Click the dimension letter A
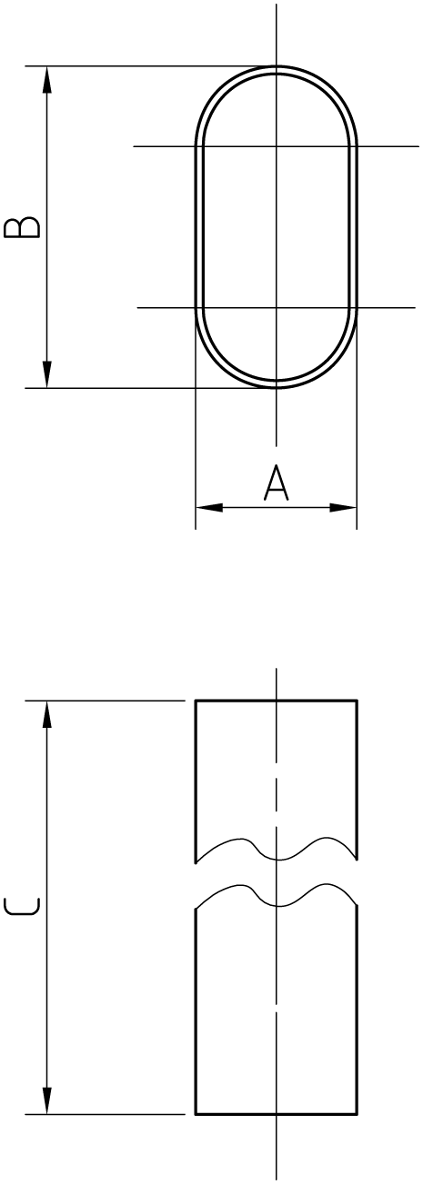pos(276,483)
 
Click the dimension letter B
pos(22,227)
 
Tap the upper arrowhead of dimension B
pos(47,80)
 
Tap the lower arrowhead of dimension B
pos(47,373)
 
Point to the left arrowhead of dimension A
pos(209,507)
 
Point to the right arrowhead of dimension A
pos(343,507)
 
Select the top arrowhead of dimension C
pos(47,714)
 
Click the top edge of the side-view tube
pos(277,701)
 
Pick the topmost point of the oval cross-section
pos(277,66)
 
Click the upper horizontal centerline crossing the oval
pos(276,146)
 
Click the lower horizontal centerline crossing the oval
pos(276,308)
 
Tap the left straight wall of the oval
pos(196,227)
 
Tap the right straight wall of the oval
pos(356,227)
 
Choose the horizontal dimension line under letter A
pos(277,507)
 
